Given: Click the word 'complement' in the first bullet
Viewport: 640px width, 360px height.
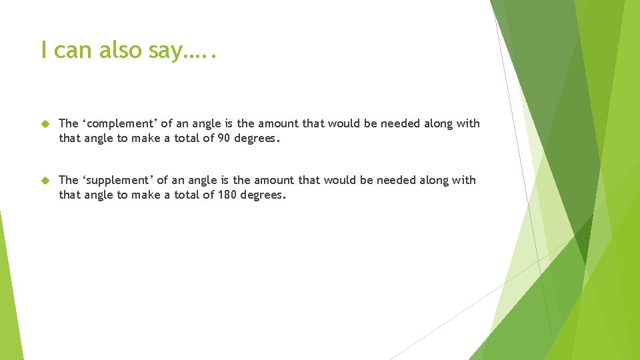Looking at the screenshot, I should tap(117, 124).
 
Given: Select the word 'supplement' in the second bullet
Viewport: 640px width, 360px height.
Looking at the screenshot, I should tap(117, 180).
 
